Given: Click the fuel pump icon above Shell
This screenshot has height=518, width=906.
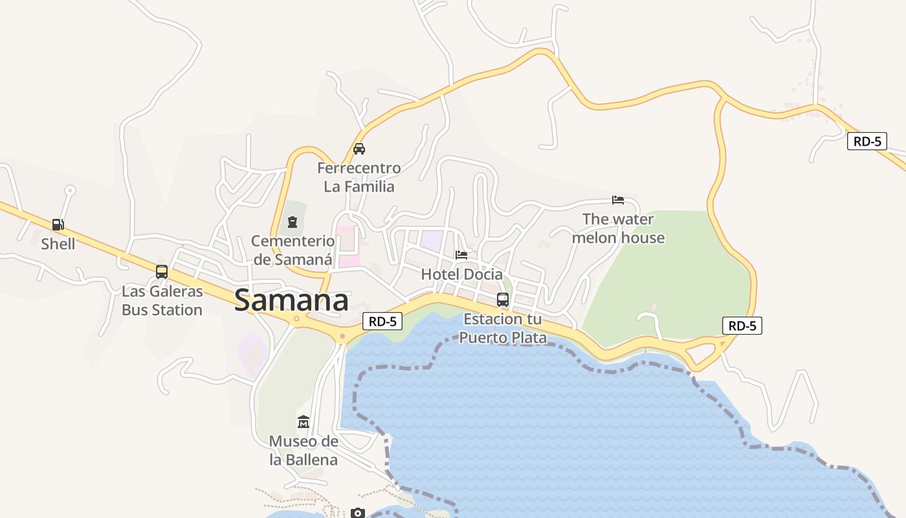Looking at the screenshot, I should coord(58,225).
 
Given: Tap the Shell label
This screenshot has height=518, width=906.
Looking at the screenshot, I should coord(58,244).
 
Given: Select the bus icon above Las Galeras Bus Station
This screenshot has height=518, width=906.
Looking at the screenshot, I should coord(162,272).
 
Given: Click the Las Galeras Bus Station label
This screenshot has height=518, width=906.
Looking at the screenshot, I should coord(162,300).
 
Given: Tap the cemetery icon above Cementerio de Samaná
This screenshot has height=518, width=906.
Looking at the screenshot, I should coord(293,223).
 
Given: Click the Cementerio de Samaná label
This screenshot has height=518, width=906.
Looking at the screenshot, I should coord(293,251).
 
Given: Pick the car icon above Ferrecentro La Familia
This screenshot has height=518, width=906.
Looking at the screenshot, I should coord(359,149).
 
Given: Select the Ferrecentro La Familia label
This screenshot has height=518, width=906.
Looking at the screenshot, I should coord(359,177).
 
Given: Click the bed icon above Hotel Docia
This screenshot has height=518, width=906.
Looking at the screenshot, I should coord(461,254).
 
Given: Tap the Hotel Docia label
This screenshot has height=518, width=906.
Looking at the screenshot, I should coord(461,275).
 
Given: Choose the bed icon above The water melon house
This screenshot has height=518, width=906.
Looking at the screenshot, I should coord(618,199).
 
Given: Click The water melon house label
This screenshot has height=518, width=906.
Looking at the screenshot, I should coord(618,229).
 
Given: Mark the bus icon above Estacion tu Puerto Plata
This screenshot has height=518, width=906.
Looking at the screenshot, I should coord(503,299).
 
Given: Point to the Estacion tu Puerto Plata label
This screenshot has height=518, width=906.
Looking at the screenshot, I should coord(503,328).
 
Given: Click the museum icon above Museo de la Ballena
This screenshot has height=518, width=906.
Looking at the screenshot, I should coord(303,422).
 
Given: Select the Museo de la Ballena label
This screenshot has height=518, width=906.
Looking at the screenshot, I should coord(303,451).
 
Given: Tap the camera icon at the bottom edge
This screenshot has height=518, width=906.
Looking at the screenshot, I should coord(358,513).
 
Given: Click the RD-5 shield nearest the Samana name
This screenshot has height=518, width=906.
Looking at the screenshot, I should coord(382,321).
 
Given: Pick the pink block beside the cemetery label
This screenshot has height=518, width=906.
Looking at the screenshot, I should coord(348,246).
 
